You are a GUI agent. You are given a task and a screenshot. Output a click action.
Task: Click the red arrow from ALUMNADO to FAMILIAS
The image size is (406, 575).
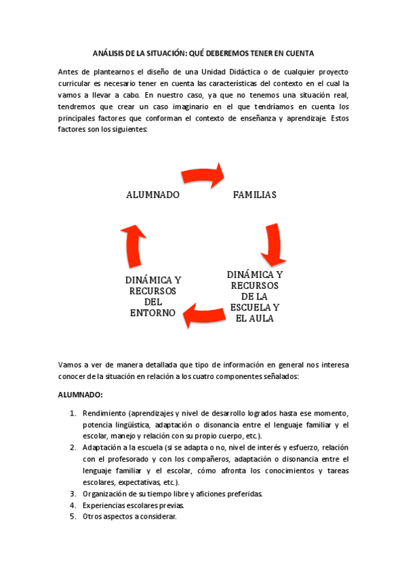tap(205, 176)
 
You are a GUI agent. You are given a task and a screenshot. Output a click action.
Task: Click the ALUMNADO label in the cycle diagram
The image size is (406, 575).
tap(153, 195)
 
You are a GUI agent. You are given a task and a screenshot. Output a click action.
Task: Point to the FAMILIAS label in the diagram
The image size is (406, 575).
tap(254, 195)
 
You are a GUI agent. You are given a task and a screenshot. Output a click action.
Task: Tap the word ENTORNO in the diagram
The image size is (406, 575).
tap(153, 313)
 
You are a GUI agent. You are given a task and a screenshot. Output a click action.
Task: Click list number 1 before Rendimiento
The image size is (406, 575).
tap(73, 414)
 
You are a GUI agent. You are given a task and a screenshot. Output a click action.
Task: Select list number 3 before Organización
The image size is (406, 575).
tap(73, 494)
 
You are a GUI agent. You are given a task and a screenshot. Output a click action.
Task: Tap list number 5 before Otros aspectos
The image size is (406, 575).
tap(73, 517)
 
